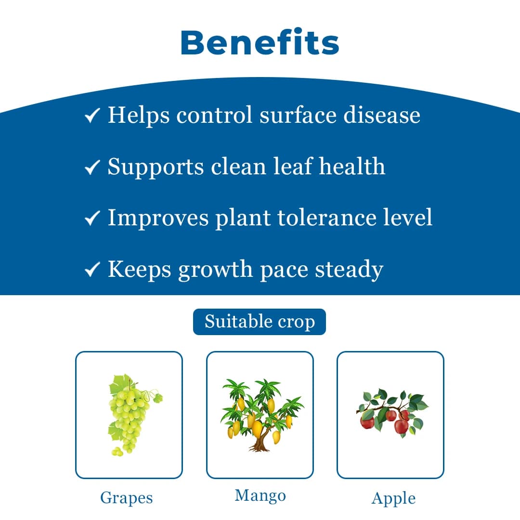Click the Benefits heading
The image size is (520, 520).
260,42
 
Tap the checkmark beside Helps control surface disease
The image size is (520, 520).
92,116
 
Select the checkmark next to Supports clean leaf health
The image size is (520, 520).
92,168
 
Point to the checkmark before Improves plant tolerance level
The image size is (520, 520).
92,219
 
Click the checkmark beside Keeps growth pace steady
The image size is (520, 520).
92,270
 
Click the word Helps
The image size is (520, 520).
139,116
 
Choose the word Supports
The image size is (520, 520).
156,168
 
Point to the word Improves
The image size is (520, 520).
158,218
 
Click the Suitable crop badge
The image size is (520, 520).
260,322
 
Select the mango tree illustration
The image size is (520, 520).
260,415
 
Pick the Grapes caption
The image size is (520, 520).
126,498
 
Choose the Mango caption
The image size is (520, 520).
260,495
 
